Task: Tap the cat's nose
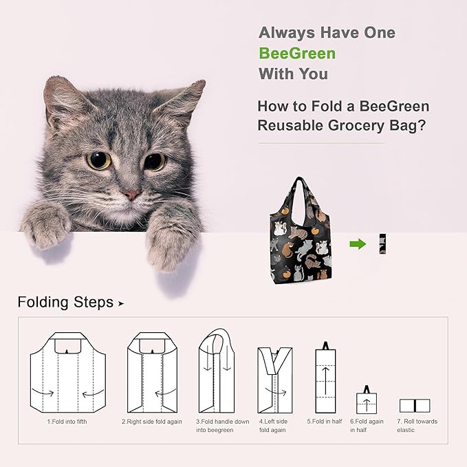point(131,195)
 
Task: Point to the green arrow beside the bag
point(357,243)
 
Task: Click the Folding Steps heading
point(65,303)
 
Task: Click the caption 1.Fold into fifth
point(67,422)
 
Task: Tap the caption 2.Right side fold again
point(152,422)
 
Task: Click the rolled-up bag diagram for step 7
point(415,406)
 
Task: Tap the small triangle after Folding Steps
point(121,303)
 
